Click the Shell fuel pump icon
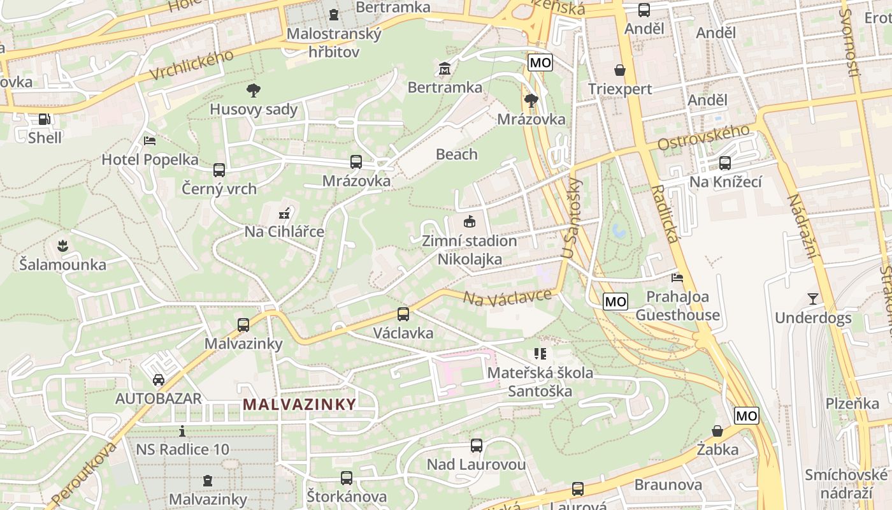(44, 119)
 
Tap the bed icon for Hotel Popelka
(150, 140)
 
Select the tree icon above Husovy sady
(254, 90)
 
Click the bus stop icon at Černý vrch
(219, 170)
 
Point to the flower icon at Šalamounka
(62, 245)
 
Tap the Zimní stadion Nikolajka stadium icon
(469, 222)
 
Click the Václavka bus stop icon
(403, 314)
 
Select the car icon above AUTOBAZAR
(158, 380)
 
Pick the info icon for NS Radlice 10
(182, 431)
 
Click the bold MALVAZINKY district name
(299, 404)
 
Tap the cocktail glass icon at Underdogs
(812, 298)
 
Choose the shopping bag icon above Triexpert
(619, 69)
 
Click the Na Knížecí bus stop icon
(724, 163)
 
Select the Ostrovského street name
(703, 138)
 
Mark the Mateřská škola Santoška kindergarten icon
(540, 354)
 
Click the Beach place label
(456, 154)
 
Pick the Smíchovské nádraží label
(846, 484)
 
